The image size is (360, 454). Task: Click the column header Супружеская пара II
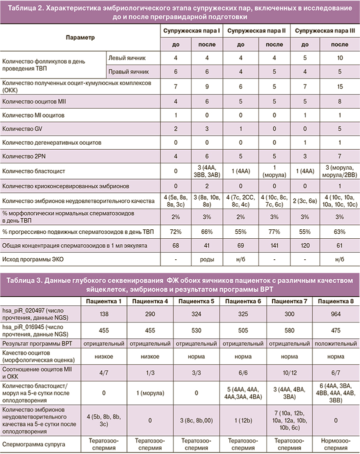coord(256,31)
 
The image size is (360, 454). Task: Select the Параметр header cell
coord(80,37)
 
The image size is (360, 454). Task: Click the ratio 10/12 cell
coord(289,373)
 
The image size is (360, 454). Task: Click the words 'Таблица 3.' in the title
coord(24,278)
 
